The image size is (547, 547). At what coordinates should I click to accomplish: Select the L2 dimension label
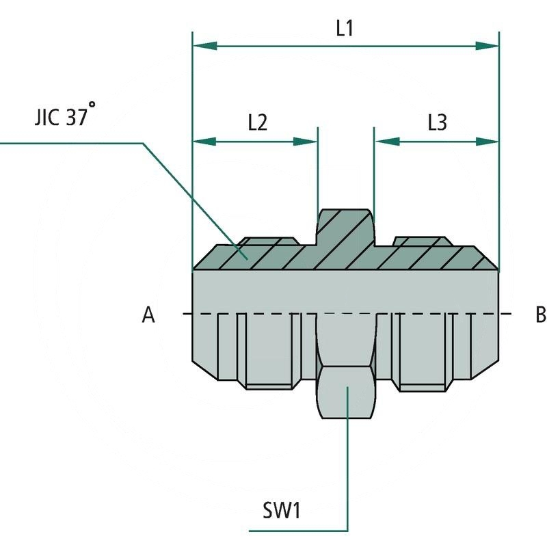click(x=257, y=123)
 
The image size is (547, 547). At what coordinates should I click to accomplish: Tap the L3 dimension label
click(x=437, y=123)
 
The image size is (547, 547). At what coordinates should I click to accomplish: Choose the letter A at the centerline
click(x=148, y=315)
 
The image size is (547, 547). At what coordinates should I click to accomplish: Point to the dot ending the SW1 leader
click(x=347, y=388)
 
